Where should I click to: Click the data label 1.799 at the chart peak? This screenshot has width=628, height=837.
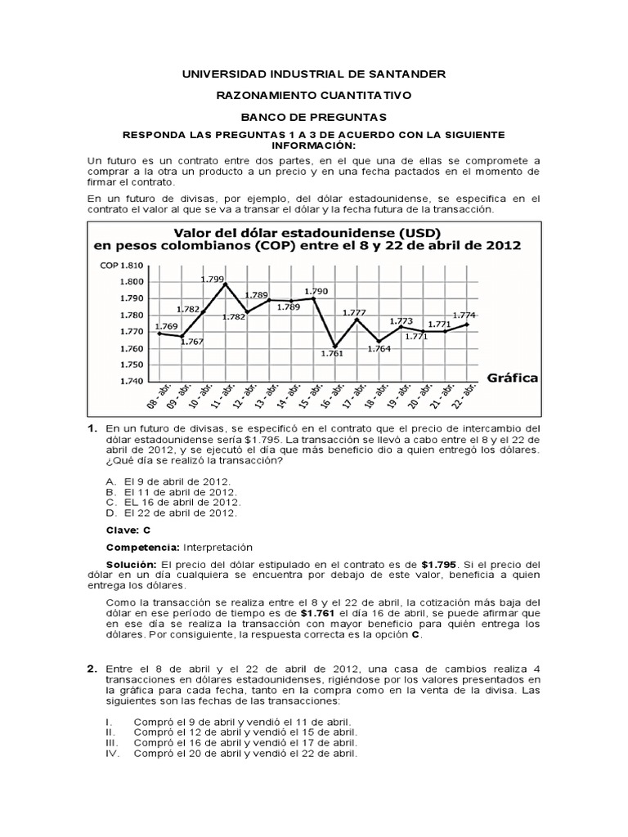[213, 279]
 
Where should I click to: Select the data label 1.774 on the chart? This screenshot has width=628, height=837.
[464, 315]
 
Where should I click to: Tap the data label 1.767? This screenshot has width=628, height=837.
[191, 342]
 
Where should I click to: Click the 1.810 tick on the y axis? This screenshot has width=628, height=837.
[131, 265]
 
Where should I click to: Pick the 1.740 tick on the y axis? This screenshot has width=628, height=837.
[131, 382]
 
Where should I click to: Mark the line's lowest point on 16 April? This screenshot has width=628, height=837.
[334, 345]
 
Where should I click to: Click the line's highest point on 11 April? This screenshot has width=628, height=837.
[224, 284]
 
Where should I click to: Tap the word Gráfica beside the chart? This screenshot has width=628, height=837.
[513, 378]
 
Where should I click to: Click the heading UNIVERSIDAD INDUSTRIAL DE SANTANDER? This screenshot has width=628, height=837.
[313, 74]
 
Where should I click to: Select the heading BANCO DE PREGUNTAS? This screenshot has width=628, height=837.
[313, 117]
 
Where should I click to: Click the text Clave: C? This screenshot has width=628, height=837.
[128, 530]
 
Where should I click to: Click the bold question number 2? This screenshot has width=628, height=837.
[92, 669]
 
